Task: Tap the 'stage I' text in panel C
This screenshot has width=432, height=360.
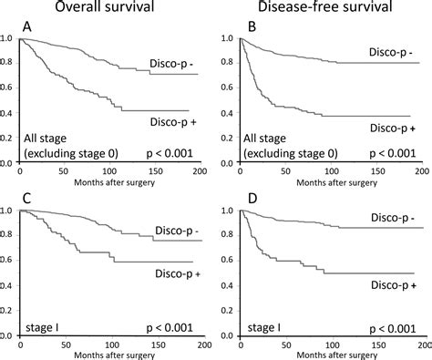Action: pos(43,324)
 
